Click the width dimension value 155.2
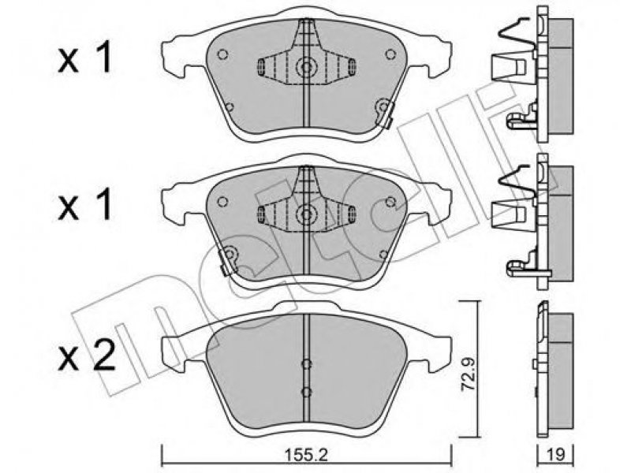click(306, 456)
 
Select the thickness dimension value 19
click(556, 455)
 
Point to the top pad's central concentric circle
click(307, 67)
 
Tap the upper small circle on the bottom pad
click(307, 364)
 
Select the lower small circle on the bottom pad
click(307, 391)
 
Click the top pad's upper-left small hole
click(222, 54)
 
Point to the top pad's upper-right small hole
click(390, 54)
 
